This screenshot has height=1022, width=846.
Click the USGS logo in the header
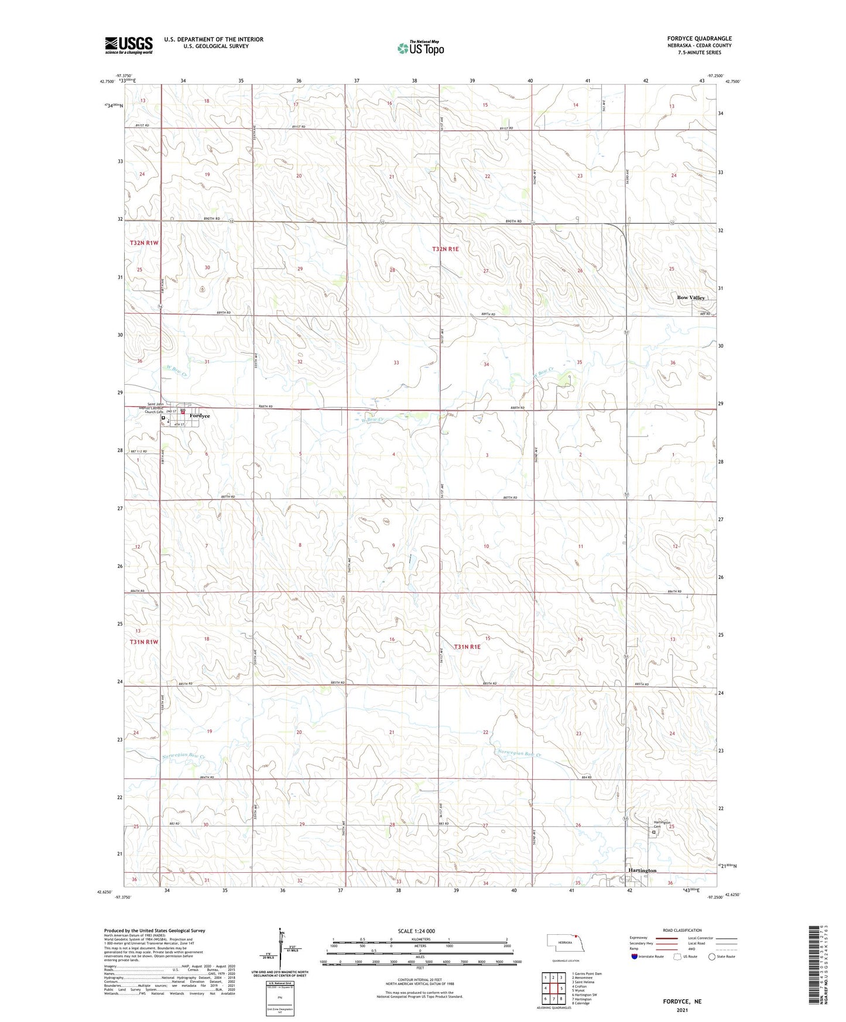pyautogui.click(x=129, y=45)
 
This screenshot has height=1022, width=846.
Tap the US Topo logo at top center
pyautogui.click(x=420, y=48)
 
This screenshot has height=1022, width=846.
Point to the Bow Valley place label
pyautogui.click(x=691, y=298)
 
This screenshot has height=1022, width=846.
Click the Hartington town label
pyautogui.click(x=642, y=870)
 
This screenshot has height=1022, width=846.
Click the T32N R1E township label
pyautogui.click(x=446, y=249)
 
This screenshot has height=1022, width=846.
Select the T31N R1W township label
pyautogui.click(x=144, y=642)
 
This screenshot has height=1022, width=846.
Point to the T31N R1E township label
pyautogui.click(x=467, y=647)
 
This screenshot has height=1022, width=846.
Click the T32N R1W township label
pyautogui.click(x=144, y=242)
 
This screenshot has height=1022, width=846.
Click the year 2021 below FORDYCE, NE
pyautogui.click(x=682, y=1010)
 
